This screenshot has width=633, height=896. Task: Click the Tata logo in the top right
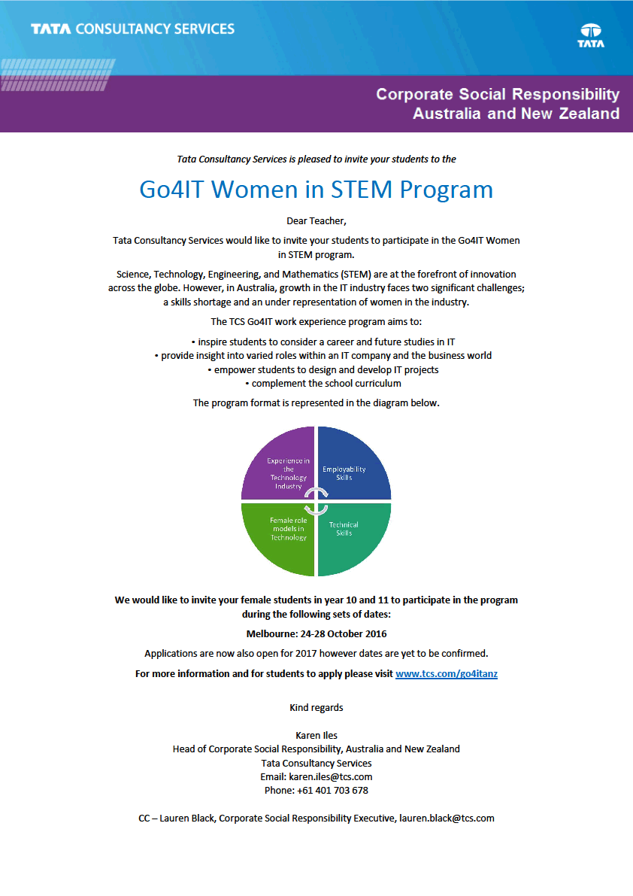[x=590, y=35]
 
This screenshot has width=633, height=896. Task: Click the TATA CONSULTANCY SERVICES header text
[x=133, y=29]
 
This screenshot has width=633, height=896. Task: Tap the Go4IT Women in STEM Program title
[x=316, y=189]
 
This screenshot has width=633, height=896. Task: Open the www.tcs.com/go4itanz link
[x=447, y=674]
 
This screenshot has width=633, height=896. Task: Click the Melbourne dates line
[x=316, y=634]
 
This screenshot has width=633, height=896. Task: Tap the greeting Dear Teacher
[x=316, y=220]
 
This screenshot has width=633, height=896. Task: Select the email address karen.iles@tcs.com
[x=331, y=776]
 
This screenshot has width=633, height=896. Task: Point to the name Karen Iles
[x=316, y=735]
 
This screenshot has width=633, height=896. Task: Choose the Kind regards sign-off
[x=316, y=708]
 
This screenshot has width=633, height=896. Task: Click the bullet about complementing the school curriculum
[x=316, y=384]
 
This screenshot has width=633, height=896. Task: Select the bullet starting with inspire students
[x=316, y=342]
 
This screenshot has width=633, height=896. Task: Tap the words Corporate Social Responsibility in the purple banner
[x=498, y=95]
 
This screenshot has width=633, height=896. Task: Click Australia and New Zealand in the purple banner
[x=516, y=114]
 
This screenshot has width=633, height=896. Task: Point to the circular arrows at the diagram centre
[x=316, y=501]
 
